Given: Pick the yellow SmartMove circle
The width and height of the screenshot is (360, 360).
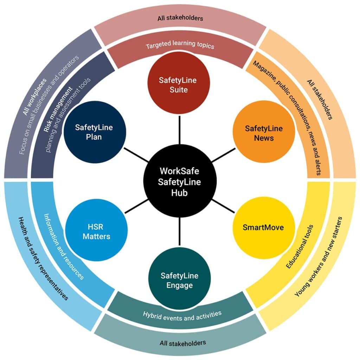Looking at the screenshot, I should tap(263, 227).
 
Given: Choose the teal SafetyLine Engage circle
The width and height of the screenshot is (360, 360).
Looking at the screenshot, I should tap(179, 280).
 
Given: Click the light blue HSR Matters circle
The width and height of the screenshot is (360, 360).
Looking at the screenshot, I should tap(96, 231).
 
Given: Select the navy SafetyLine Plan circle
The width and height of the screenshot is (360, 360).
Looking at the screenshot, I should tap(94, 132).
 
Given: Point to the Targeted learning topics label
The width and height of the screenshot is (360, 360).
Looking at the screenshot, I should tap(180, 46).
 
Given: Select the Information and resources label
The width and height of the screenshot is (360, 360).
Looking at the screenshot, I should tap(63, 246).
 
